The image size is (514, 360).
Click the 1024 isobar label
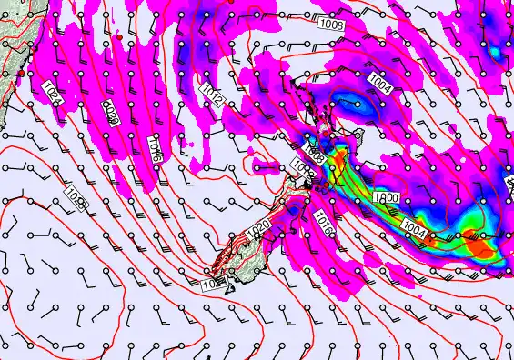click(x=51, y=92)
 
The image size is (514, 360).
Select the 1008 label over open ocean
click(x=332, y=25)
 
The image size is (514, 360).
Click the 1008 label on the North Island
click(x=315, y=147)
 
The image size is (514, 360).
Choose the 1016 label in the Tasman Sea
click(x=155, y=148)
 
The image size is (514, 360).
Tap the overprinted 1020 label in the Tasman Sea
click(x=111, y=113)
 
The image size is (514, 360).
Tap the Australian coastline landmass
click(x=9, y=36)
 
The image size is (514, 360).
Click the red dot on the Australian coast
click(x=21, y=73)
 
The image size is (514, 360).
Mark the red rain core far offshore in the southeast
click(x=475, y=243)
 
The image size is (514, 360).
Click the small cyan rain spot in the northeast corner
click(x=496, y=50)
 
